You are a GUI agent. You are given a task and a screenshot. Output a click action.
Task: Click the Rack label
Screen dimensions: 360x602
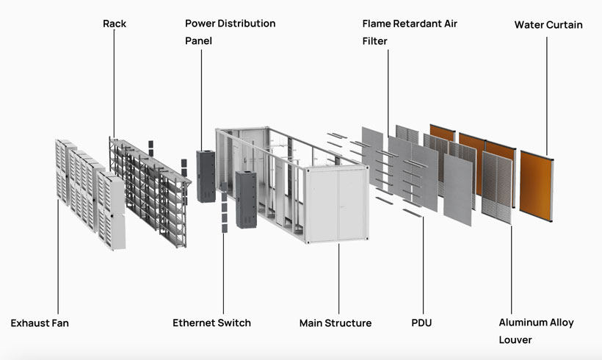tap(114, 24)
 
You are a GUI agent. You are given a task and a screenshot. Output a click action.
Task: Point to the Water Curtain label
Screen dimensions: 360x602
tap(548, 25)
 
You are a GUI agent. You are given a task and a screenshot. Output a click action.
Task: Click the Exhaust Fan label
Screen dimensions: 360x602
tap(40, 323)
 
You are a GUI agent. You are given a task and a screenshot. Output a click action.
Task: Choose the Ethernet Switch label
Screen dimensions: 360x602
tap(211, 323)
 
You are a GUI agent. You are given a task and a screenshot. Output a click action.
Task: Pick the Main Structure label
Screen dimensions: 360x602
tap(336, 323)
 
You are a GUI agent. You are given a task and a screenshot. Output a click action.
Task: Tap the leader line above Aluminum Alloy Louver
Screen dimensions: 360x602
tap(511, 264)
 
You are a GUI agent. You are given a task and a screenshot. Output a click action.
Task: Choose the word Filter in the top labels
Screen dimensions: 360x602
tap(374, 41)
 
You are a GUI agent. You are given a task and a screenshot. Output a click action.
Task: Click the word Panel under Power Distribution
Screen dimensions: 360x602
tap(198, 41)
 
